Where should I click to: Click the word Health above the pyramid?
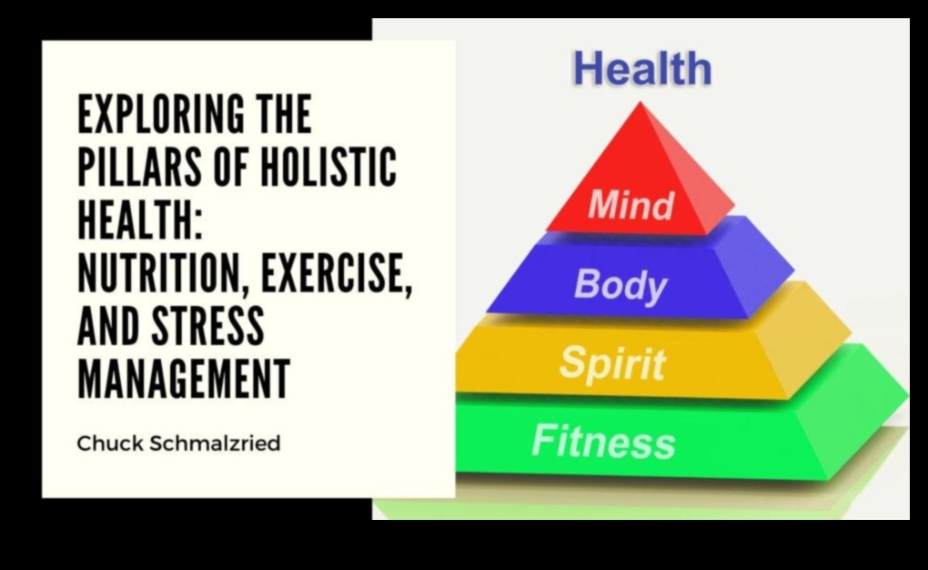[x=642, y=69]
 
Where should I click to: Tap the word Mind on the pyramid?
[x=630, y=206]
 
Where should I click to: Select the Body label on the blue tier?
[x=620, y=285]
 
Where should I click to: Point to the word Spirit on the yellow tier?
[x=611, y=362]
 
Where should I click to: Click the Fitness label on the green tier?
[x=603, y=442]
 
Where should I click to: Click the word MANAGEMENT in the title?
[x=184, y=379]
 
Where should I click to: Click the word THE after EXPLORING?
[x=277, y=116]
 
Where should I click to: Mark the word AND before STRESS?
[x=106, y=327]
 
